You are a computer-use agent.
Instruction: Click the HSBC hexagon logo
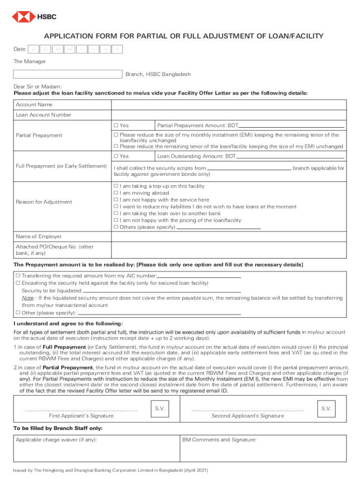(x=21, y=17)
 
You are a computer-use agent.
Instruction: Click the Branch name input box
(x=68, y=74)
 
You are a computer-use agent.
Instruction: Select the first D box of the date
(x=34, y=49)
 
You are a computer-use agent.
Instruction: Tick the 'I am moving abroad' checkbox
(x=116, y=193)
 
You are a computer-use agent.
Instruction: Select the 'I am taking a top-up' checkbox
(x=116, y=186)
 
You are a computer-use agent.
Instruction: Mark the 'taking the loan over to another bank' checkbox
(x=116, y=213)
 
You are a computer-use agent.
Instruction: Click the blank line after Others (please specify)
(x=219, y=227)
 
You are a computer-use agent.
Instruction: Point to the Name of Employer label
(x=39, y=237)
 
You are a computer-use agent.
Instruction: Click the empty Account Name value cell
(x=228, y=104)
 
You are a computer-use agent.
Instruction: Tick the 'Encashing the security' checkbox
(x=18, y=283)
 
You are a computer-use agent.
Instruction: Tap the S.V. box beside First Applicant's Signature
(x=159, y=409)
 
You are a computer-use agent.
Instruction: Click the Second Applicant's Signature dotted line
(x=247, y=410)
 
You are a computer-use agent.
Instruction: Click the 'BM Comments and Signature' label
(x=219, y=440)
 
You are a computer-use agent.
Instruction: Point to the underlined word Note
(x=27, y=298)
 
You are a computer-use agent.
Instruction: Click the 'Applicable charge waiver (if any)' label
(x=57, y=440)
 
